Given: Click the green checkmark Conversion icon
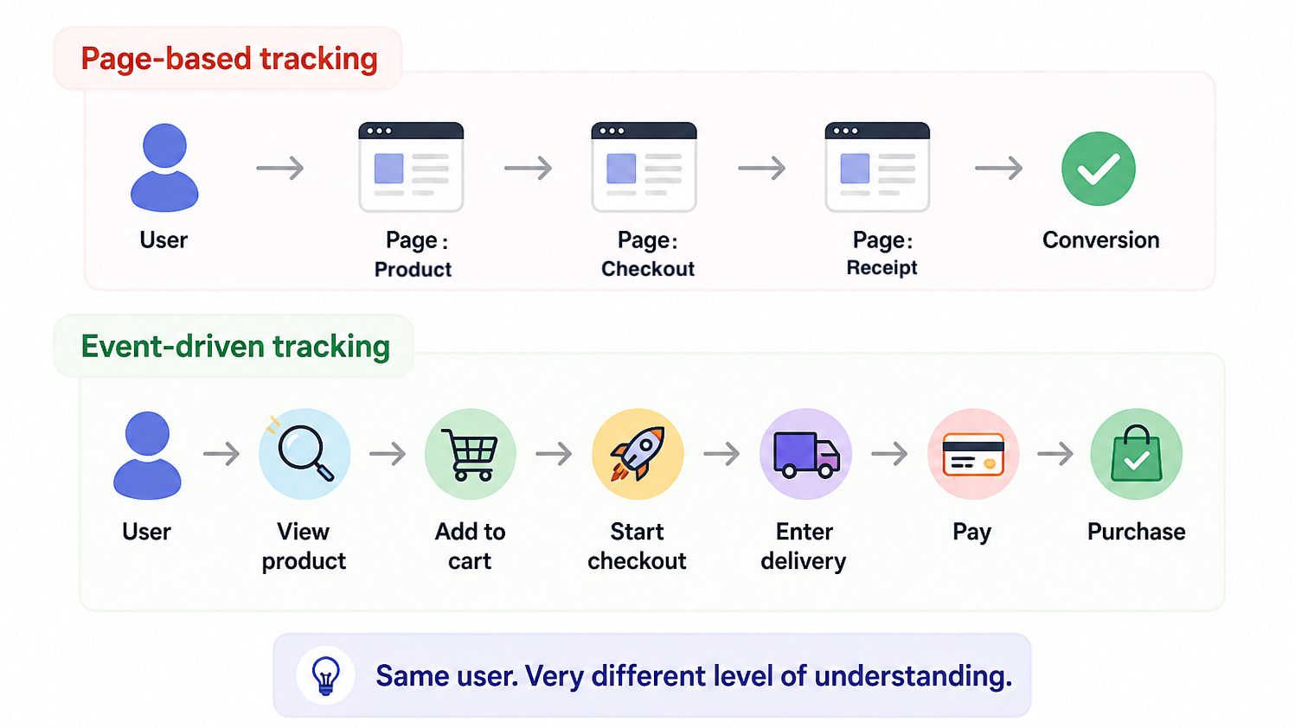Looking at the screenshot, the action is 1099,169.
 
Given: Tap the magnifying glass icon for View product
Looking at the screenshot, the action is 305,454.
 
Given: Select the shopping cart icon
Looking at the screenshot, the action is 470,454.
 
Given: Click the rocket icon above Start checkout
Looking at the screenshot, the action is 638,454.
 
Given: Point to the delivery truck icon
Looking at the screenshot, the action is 805,454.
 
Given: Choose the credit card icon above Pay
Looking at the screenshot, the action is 973,454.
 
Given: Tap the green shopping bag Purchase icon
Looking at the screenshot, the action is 1136,454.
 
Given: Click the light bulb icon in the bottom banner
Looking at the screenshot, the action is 325,675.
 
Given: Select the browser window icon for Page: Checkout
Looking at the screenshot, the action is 644,167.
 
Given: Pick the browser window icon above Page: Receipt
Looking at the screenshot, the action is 877,167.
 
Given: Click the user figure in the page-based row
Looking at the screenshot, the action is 164,168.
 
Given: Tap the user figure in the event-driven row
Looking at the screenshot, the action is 147,456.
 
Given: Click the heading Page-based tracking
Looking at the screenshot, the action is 229,58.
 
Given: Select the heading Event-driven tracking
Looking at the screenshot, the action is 235,347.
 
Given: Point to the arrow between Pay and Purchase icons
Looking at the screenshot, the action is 1055,454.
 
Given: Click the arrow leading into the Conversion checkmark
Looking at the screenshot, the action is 998,168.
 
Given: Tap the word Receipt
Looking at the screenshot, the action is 881,268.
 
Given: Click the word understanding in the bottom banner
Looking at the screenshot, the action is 914,676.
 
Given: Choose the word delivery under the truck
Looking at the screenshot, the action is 803,561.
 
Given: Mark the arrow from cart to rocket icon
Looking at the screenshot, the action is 554,454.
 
